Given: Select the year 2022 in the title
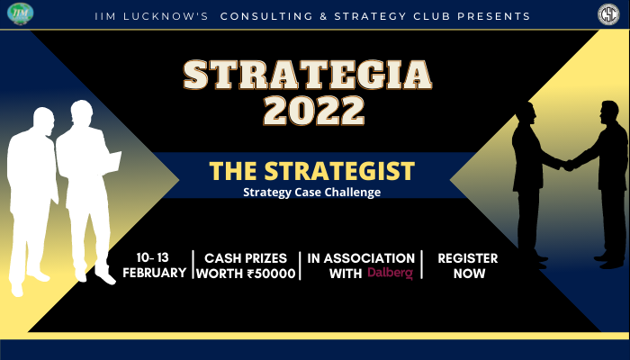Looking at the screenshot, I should (314, 111).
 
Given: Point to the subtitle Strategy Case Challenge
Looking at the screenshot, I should (312, 191).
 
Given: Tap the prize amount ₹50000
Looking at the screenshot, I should (272, 274).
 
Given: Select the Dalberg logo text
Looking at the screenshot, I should (391, 273).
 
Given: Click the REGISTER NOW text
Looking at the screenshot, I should (467, 265).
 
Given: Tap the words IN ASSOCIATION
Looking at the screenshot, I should (361, 258).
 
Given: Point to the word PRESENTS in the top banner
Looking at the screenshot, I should (493, 16).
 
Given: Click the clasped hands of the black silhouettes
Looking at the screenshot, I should (568, 164).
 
